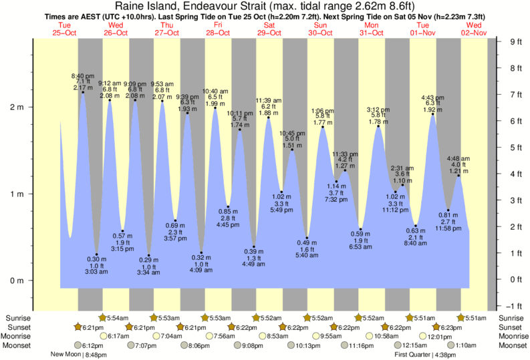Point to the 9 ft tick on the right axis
[x=515, y=42]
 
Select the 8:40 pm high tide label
[x=82, y=75]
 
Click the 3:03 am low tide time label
[x=97, y=273]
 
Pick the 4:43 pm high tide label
[x=434, y=96]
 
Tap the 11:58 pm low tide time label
[x=448, y=228]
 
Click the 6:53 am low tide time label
[x=361, y=247]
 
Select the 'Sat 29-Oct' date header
[x=269, y=29]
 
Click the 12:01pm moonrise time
[x=440, y=337]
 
